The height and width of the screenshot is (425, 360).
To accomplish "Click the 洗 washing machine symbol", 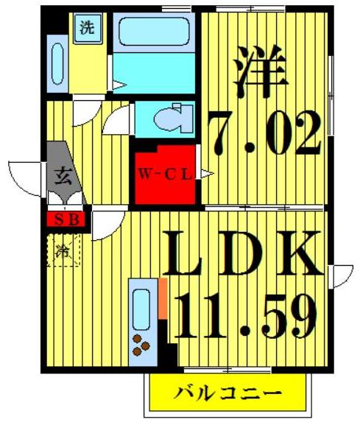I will tap(87, 29).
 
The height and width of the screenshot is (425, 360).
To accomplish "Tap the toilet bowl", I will tap(174, 119).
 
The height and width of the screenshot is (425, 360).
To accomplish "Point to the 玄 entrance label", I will tap(62, 176).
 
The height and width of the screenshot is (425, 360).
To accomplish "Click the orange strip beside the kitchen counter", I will tap(163, 298).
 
